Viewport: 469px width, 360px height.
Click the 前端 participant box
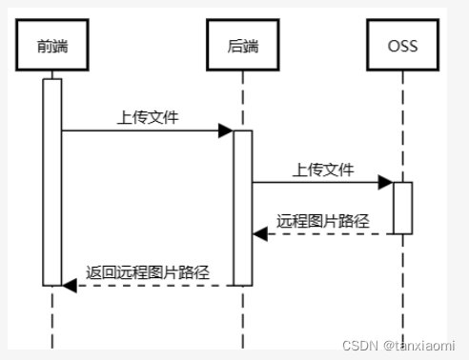pos(51,44)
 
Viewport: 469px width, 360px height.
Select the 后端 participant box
pos(242,44)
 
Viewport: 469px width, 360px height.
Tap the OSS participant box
pos(402,44)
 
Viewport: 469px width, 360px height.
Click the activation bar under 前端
pos(51,181)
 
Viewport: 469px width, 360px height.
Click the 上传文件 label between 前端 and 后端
pos(147,118)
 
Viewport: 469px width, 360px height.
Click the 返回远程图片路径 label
pos(147,272)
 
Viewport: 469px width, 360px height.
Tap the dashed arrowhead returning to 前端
pos(68,284)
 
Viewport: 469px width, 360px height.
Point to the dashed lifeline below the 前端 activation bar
pos(51,319)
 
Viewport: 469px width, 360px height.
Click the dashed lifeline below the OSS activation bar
pos(402,286)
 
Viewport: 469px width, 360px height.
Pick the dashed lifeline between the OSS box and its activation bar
pos(402,124)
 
